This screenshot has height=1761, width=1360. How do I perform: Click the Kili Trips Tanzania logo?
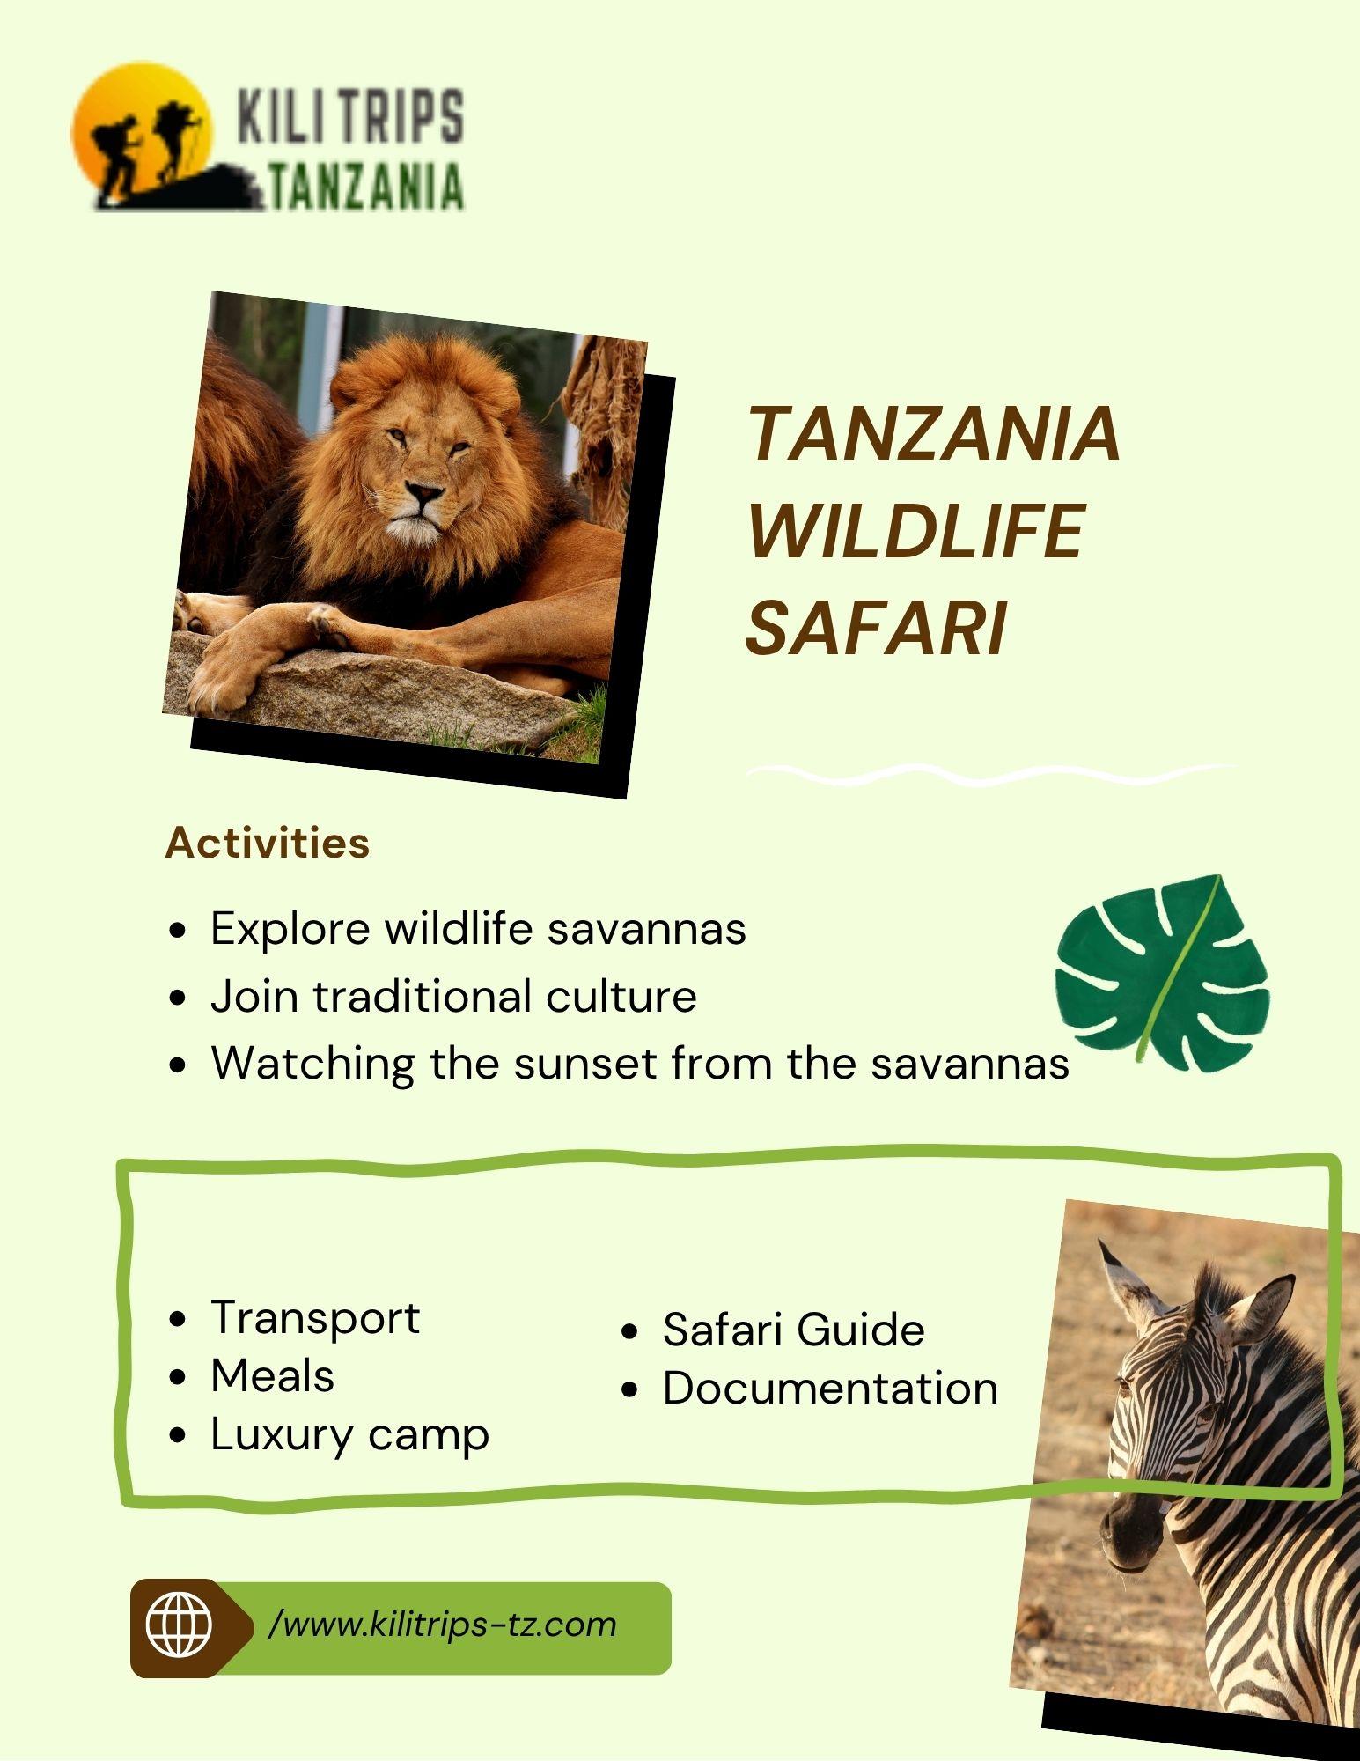pyautogui.click(x=268, y=137)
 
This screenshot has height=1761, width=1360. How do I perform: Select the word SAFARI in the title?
pyautogui.click(x=876, y=629)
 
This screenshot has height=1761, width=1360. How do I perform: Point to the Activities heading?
pyautogui.click(x=268, y=843)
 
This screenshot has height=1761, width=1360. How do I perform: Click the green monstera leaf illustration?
pyautogui.click(x=1162, y=973)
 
